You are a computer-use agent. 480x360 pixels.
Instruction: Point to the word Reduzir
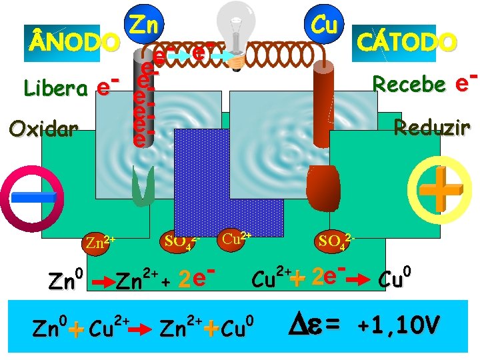pyautogui.click(x=432, y=127)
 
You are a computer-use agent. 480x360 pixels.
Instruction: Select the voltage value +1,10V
pyautogui.click(x=399, y=325)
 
